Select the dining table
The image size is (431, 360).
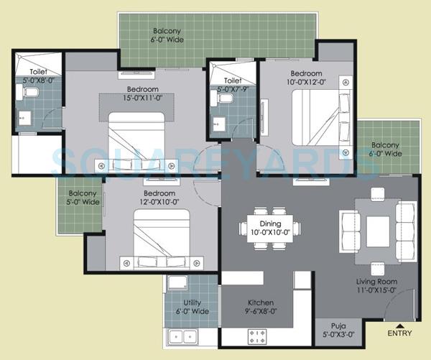pos(269,228)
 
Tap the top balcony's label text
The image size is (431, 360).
pos(167,36)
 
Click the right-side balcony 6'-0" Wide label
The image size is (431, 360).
pos(385,149)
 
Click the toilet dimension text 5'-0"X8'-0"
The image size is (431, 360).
pos(32,82)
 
